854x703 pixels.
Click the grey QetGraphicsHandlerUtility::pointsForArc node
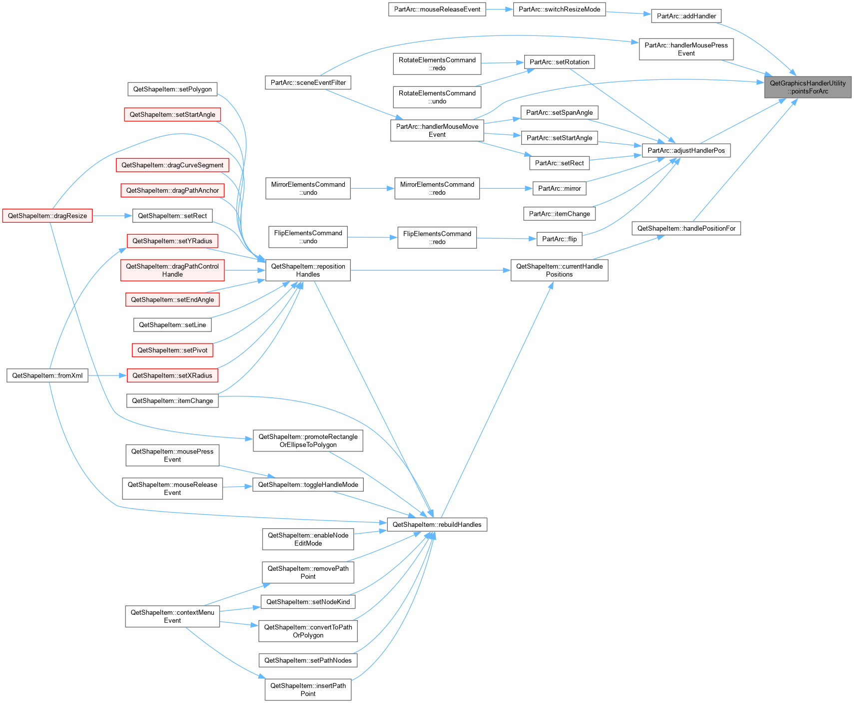(x=808, y=87)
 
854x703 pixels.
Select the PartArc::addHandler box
(x=686, y=16)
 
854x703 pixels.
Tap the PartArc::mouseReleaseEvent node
(x=437, y=9)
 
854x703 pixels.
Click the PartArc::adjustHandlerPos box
(x=686, y=150)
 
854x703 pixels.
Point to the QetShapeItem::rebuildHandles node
(x=437, y=525)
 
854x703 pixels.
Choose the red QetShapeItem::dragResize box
(x=47, y=216)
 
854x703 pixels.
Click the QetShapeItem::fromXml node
(x=47, y=375)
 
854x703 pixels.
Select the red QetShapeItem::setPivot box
(x=172, y=350)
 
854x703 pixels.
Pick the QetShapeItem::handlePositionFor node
(x=686, y=229)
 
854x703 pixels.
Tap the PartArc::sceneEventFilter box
(x=308, y=82)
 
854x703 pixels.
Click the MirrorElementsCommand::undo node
(x=308, y=188)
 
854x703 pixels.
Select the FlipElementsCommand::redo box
(x=437, y=238)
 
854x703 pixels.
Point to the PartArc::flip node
(x=559, y=239)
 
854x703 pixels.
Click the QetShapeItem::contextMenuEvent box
(x=172, y=617)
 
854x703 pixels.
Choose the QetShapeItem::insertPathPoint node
(x=308, y=690)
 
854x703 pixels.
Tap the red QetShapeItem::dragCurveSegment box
(x=172, y=165)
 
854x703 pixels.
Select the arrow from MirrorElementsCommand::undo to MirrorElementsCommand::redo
(x=372, y=188)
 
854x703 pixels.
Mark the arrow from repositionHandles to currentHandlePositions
(x=430, y=270)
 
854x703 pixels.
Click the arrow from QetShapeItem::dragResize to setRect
(x=112, y=216)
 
